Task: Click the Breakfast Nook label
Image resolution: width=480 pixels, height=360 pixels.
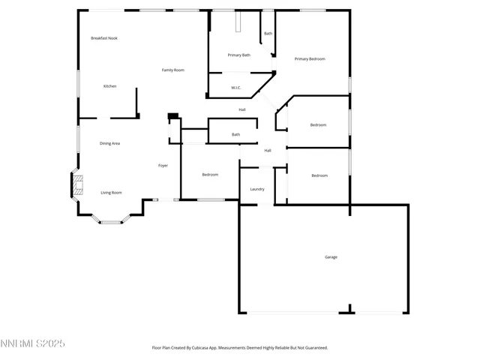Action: pyautogui.click(x=104, y=38)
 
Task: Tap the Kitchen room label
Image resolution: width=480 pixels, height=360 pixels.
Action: pyautogui.click(x=109, y=86)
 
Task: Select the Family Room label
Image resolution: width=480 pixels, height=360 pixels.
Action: pyautogui.click(x=173, y=70)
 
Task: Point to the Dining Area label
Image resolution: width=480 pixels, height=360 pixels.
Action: pyautogui.click(x=110, y=143)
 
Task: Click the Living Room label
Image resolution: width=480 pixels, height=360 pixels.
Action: pyautogui.click(x=111, y=193)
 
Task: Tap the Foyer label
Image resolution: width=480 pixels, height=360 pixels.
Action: pyautogui.click(x=163, y=165)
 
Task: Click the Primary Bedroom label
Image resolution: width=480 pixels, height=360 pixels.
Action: pyautogui.click(x=310, y=58)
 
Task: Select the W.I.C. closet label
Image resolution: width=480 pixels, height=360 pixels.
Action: pyautogui.click(x=235, y=88)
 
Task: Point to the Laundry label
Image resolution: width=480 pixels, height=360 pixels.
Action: pyautogui.click(x=256, y=189)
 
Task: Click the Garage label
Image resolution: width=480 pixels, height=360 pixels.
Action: pyautogui.click(x=331, y=257)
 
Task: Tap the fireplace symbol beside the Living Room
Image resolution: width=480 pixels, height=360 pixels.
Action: pyautogui.click(x=76, y=185)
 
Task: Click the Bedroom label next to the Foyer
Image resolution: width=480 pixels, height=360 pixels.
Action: pyautogui.click(x=210, y=175)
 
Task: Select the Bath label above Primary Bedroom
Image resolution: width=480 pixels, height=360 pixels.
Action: pyautogui.click(x=268, y=34)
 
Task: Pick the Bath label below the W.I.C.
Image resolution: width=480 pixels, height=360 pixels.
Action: pyautogui.click(x=235, y=134)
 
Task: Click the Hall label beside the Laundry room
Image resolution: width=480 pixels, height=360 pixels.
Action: pyautogui.click(x=267, y=151)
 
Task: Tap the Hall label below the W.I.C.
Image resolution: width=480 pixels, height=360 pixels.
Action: pyautogui.click(x=242, y=110)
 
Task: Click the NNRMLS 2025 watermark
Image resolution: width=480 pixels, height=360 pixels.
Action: pyautogui.click(x=33, y=343)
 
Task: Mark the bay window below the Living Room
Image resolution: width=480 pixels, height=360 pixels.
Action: pyautogui.click(x=112, y=220)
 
